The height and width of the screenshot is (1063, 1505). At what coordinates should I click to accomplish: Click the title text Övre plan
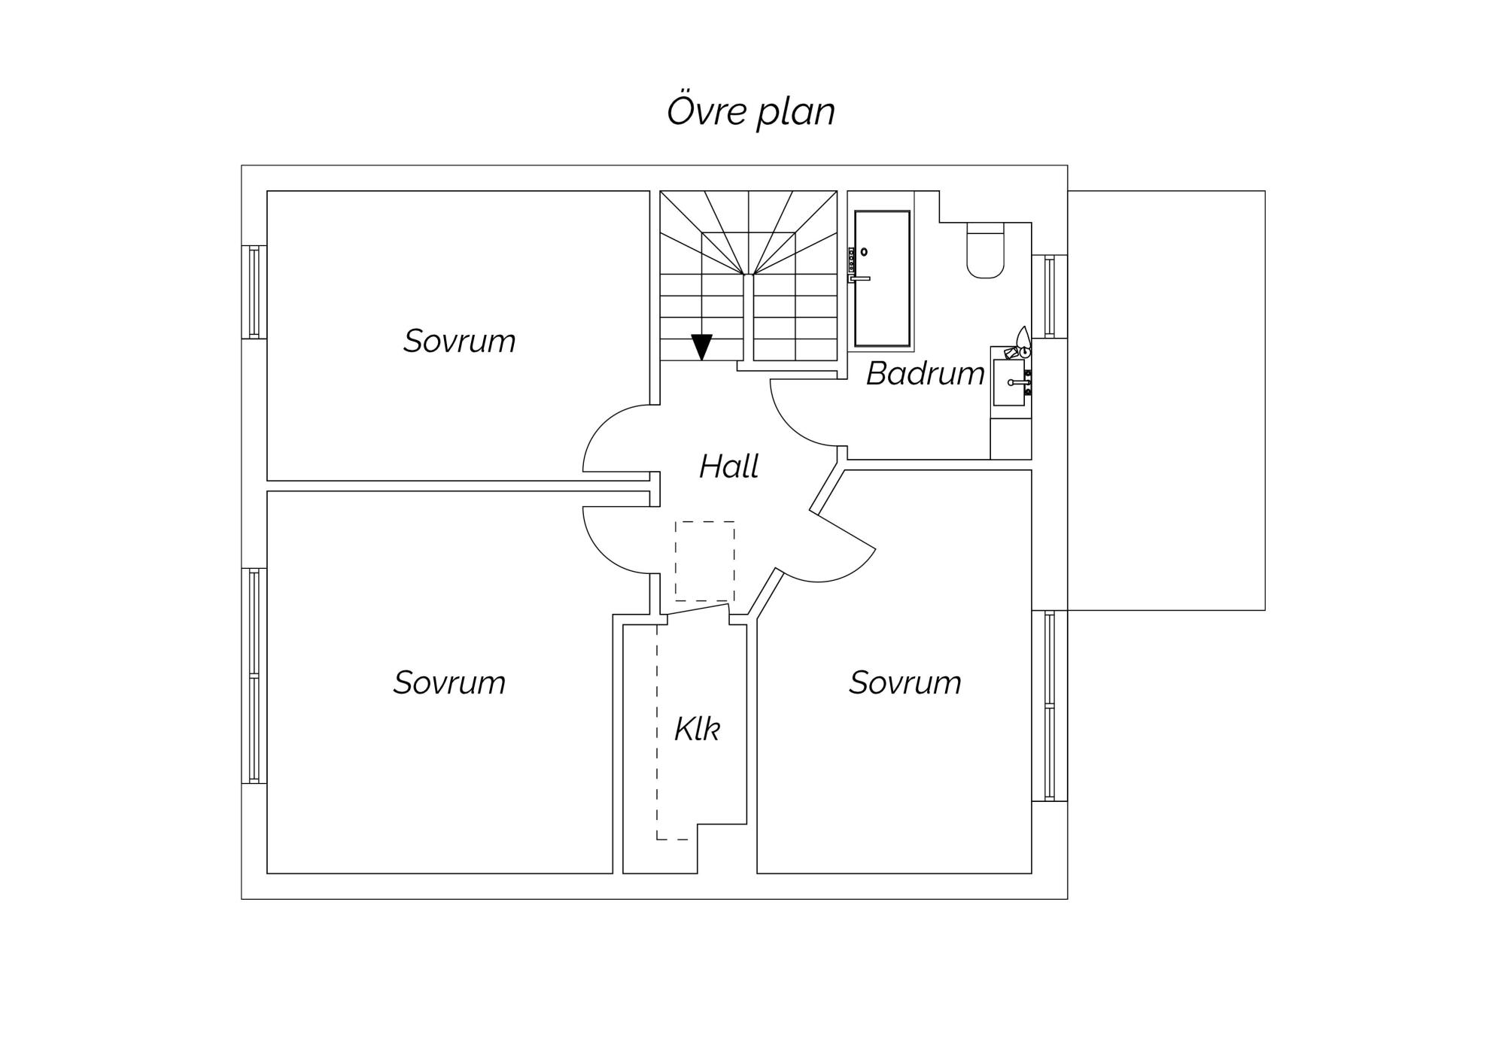click(751, 111)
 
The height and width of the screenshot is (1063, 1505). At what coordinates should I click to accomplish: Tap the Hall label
click(728, 466)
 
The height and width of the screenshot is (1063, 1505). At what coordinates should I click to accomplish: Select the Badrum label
click(925, 374)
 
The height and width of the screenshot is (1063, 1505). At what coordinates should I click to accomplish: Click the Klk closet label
click(697, 728)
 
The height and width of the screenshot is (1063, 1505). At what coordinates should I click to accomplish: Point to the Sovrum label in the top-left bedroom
click(459, 341)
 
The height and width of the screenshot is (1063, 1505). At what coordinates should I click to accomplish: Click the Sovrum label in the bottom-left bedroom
click(449, 682)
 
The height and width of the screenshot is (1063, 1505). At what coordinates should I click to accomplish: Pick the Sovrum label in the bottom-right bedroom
click(905, 682)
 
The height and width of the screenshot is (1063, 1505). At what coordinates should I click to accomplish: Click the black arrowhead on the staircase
click(702, 347)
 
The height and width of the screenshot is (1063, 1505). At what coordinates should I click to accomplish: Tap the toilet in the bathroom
click(985, 250)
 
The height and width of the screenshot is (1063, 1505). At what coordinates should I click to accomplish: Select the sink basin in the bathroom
click(1009, 382)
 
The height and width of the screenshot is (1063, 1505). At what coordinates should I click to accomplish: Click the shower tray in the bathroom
click(882, 278)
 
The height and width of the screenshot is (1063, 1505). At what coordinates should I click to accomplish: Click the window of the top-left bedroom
click(254, 292)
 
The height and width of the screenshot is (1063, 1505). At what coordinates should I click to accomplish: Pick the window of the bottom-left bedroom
click(254, 676)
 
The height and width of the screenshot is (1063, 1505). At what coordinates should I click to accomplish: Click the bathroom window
click(1050, 296)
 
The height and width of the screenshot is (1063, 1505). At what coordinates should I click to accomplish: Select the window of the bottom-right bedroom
click(1050, 706)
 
